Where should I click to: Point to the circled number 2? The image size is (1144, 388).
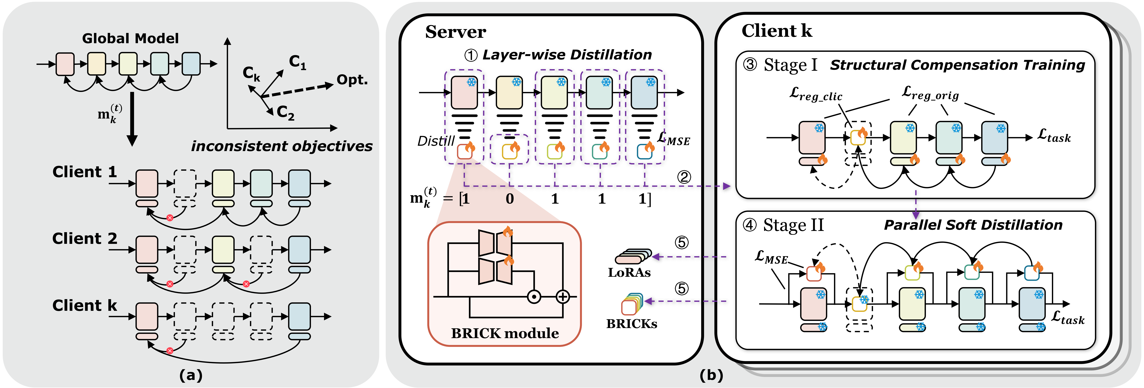[684, 177]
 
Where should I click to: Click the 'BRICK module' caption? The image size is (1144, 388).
[505, 333]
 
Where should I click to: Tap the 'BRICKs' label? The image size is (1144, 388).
[631, 324]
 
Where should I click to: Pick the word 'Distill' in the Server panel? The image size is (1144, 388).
[436, 141]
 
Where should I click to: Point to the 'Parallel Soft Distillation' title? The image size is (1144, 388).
[973, 225]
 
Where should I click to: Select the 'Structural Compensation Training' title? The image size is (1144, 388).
[957, 65]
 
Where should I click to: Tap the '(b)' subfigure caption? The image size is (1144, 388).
[711, 376]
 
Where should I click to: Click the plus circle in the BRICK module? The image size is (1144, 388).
[563, 297]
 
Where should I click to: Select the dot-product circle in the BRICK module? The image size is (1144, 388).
[534, 297]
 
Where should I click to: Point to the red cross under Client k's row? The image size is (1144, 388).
[170, 351]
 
